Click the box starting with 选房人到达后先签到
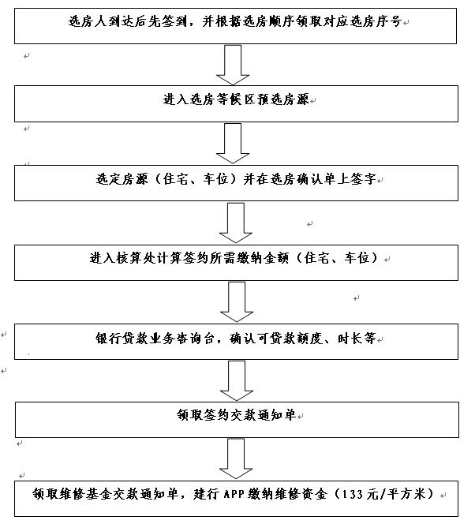(x=235, y=26)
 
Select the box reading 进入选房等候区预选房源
(x=236, y=103)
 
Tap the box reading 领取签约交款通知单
(x=237, y=420)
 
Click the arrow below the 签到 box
(x=233, y=65)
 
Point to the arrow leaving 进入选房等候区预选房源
(x=233, y=144)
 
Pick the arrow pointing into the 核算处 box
(x=235, y=223)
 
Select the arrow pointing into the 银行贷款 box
(x=237, y=301)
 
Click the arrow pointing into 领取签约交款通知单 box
(x=237, y=380)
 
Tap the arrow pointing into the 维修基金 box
(x=236, y=458)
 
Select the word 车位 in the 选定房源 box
(x=215, y=179)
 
